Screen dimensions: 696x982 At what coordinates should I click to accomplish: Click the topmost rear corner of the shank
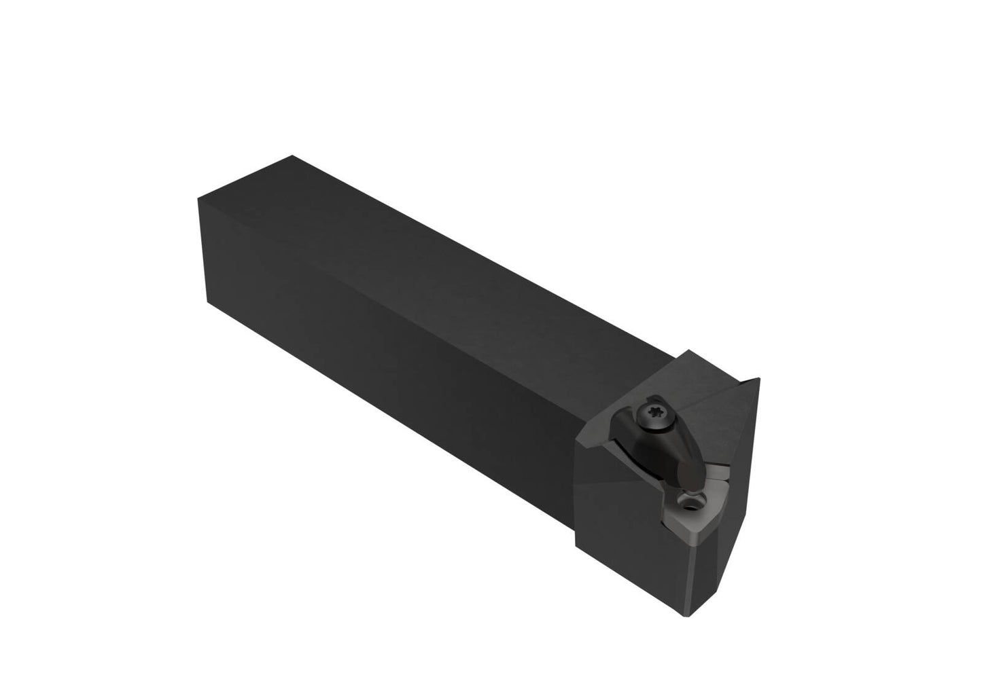[293, 155]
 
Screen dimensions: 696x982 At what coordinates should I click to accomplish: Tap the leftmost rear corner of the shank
[198, 199]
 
